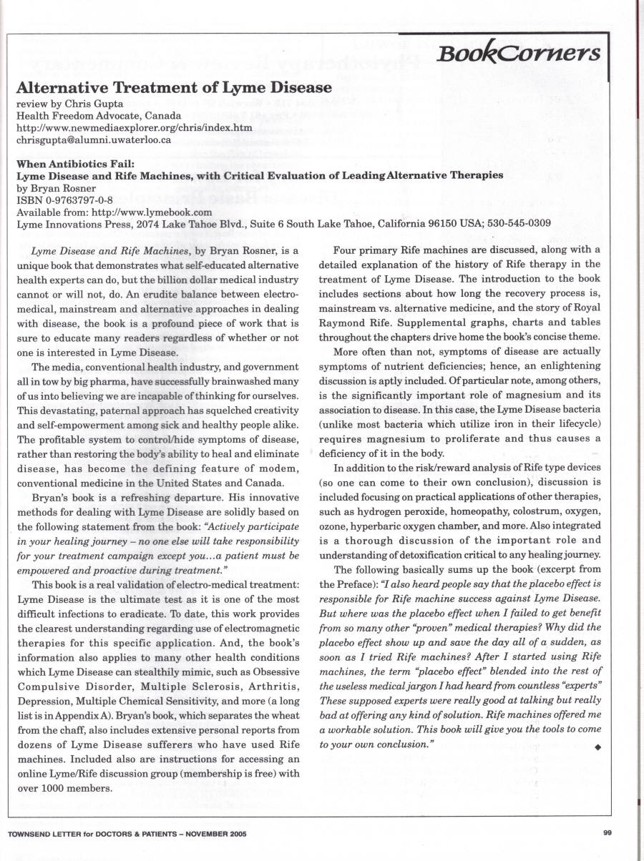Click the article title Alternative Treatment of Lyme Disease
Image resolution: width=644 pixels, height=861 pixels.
[x=174, y=89]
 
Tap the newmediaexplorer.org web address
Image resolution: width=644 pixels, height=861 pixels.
[x=135, y=127]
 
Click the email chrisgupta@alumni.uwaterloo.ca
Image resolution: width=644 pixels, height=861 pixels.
[x=93, y=139]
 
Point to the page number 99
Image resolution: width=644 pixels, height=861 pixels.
[x=607, y=832]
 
